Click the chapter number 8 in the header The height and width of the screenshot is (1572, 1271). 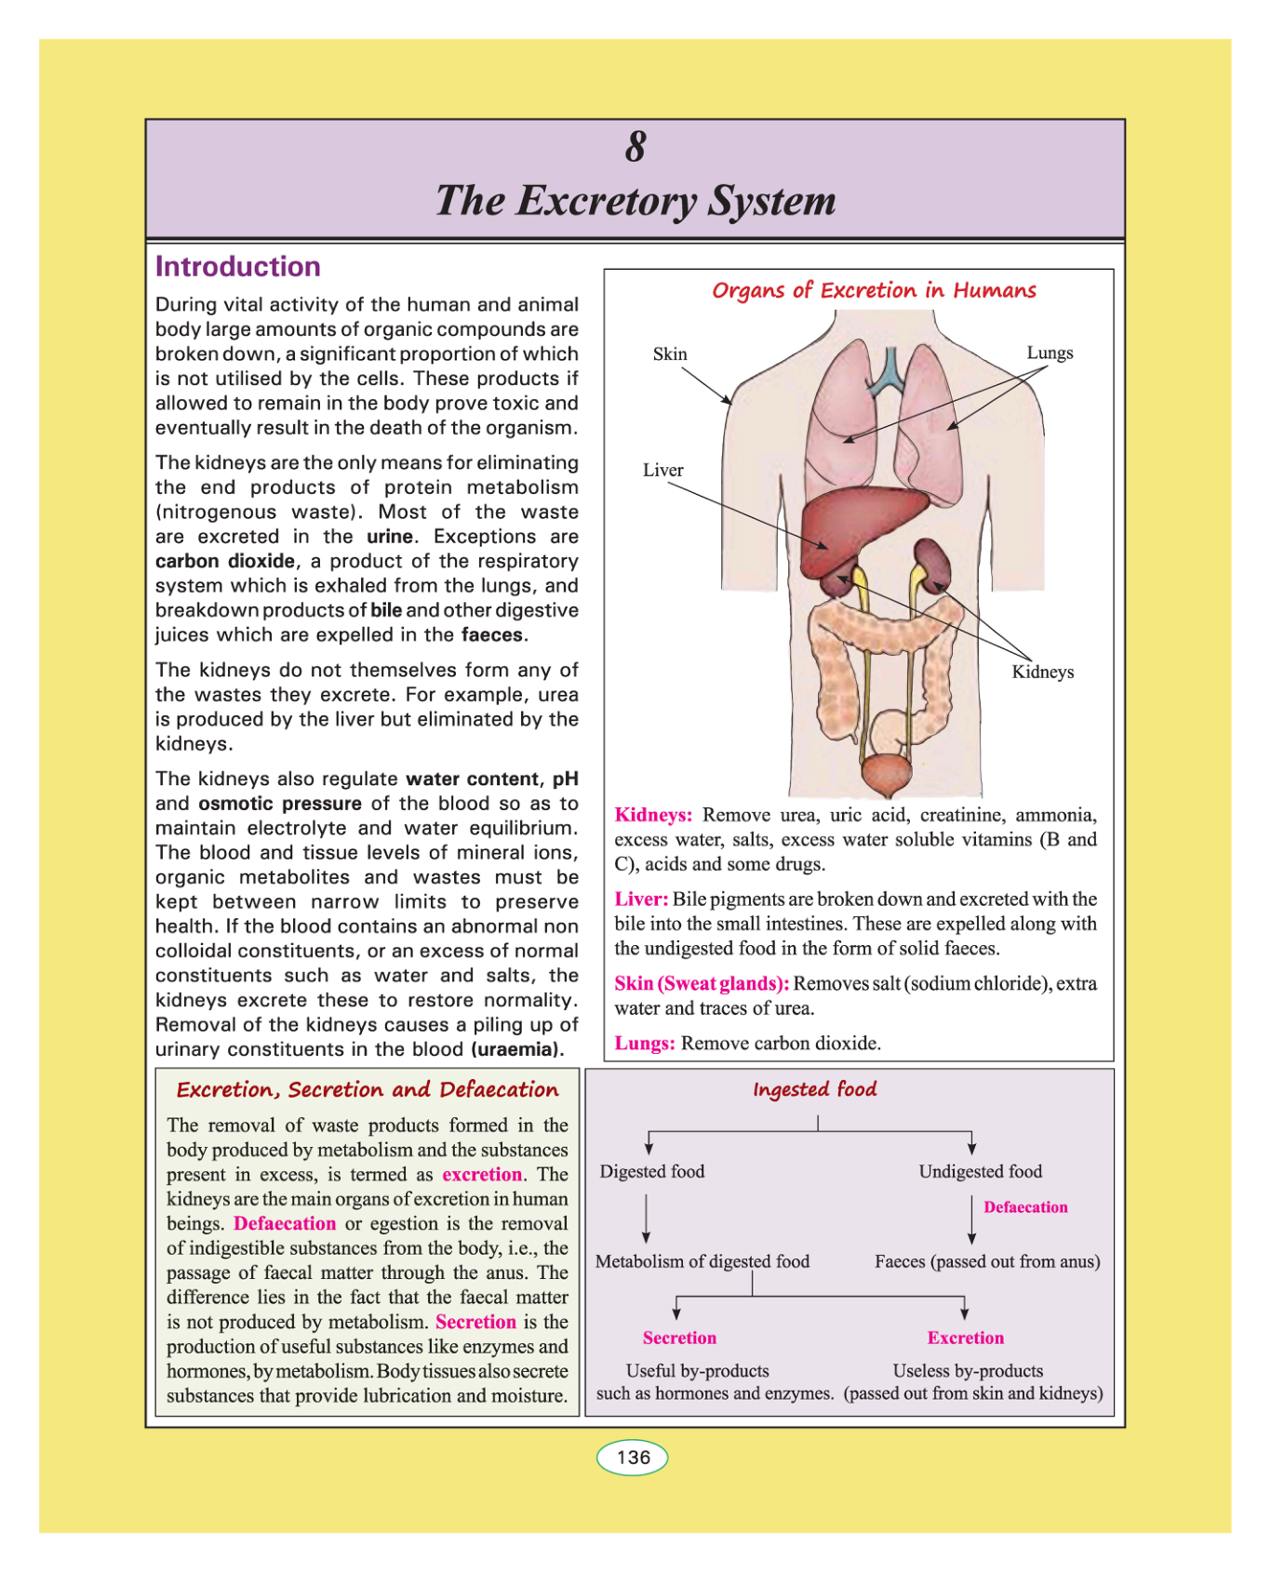point(635,147)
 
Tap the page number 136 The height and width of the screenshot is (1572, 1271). point(633,1457)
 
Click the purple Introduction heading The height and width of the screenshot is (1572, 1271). point(237,267)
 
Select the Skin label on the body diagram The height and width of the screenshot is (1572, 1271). point(670,354)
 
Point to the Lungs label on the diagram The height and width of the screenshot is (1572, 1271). point(1050,353)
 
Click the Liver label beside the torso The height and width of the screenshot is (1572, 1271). point(662,471)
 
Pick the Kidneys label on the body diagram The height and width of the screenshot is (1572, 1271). point(1042,672)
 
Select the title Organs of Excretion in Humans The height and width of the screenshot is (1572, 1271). point(874,291)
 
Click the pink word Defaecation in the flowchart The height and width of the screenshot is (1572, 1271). point(1025,1207)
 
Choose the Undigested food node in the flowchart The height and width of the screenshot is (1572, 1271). point(980,1172)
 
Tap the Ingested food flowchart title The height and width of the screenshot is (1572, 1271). point(814,1089)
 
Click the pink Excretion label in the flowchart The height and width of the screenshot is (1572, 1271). point(965,1338)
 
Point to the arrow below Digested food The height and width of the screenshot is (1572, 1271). point(646,1218)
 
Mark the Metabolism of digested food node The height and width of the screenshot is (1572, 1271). point(702,1261)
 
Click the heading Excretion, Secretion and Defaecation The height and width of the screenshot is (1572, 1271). point(368,1090)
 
